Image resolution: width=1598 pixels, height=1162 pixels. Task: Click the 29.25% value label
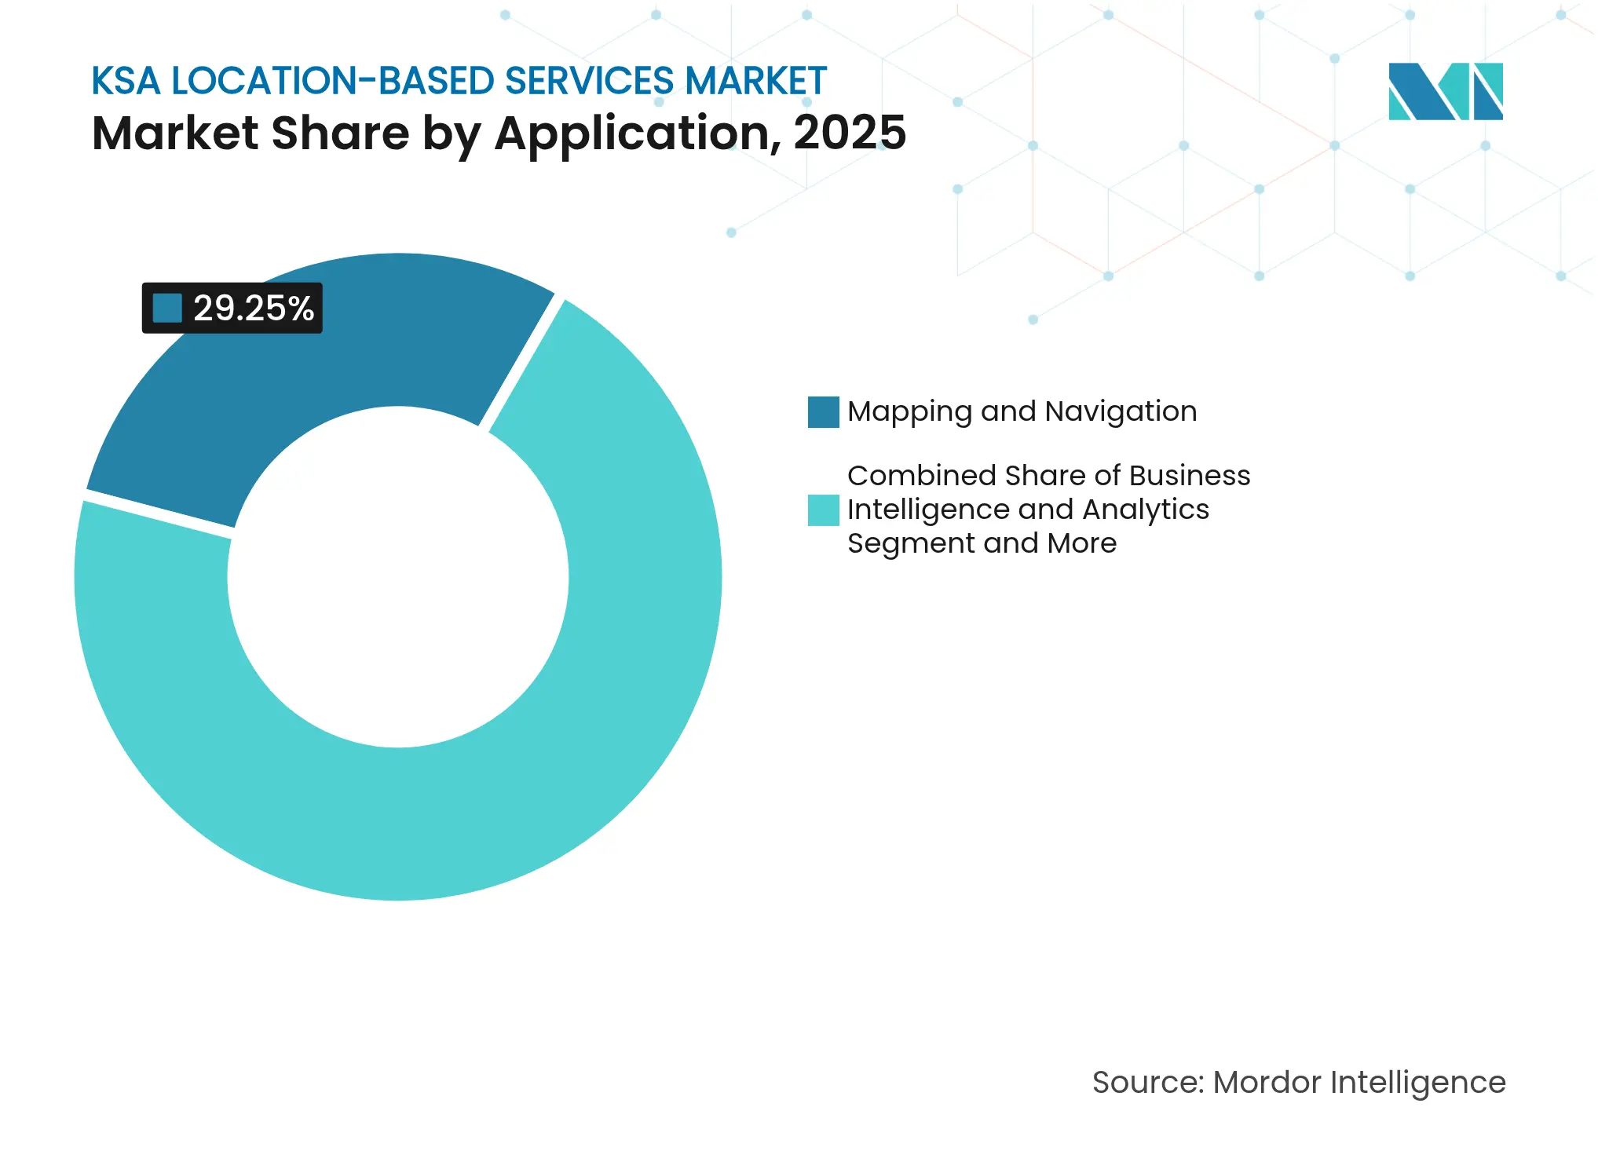[x=253, y=309]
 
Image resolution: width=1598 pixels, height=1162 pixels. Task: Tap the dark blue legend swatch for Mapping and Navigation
[x=823, y=412]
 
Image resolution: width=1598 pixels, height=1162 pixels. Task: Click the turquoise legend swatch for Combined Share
[x=823, y=510]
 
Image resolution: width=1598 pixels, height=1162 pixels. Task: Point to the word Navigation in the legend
[x=1121, y=411]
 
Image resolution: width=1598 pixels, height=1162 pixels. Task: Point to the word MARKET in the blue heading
[x=755, y=81]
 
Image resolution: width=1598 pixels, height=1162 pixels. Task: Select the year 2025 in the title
[x=850, y=133]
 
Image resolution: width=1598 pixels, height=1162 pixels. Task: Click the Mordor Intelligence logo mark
[x=1445, y=91]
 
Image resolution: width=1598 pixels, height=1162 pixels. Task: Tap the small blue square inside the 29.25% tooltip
[x=167, y=309]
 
